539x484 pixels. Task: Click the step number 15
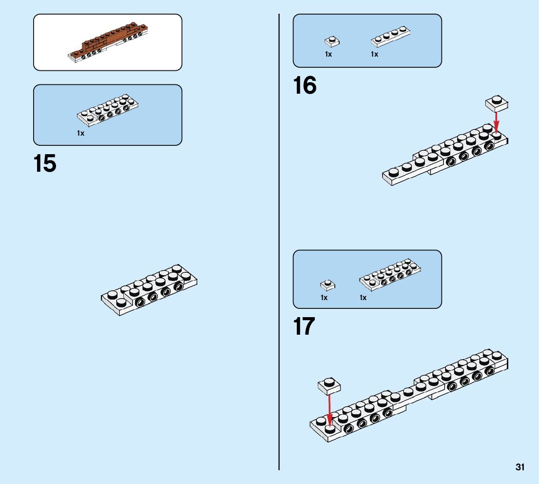(x=45, y=164)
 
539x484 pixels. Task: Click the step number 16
(x=305, y=86)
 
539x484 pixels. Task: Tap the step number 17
(x=304, y=326)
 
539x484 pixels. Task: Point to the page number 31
(x=520, y=467)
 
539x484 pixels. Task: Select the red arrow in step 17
(x=329, y=410)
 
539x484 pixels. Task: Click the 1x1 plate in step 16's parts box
(x=332, y=41)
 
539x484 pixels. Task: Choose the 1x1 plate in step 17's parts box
(x=327, y=284)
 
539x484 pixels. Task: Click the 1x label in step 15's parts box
(x=80, y=133)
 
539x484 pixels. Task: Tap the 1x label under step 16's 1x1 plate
(x=328, y=55)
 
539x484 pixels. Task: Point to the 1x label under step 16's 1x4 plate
(x=374, y=55)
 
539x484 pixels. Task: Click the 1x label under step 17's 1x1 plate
(x=324, y=298)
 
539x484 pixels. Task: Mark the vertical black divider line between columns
(x=279, y=244)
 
